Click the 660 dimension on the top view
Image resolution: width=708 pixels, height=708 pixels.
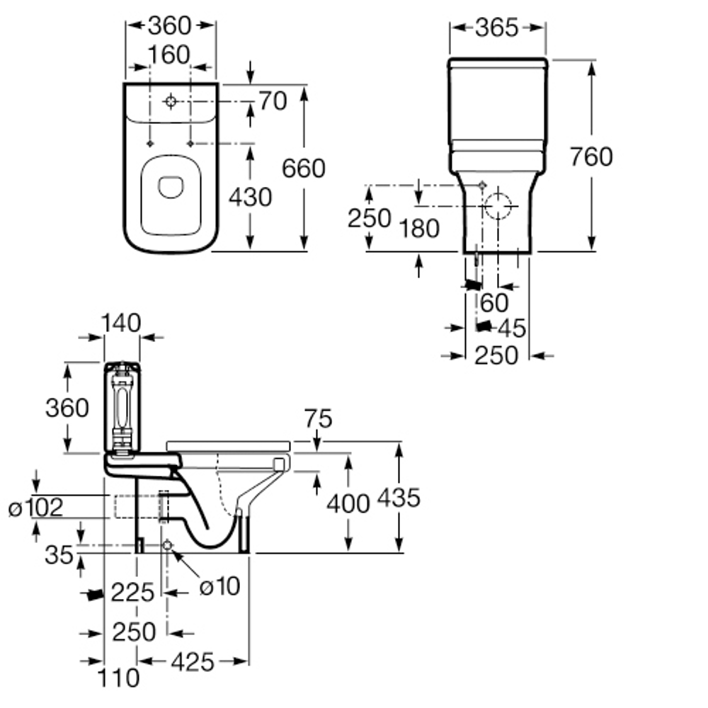(x=303, y=169)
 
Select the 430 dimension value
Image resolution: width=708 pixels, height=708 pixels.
(x=250, y=198)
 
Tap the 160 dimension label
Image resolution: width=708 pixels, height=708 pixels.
(x=170, y=55)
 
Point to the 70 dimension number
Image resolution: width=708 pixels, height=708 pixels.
(x=273, y=101)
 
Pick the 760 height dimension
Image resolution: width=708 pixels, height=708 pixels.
(x=591, y=156)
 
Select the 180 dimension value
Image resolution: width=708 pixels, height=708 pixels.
(x=418, y=228)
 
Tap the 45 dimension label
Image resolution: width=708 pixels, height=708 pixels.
(x=512, y=328)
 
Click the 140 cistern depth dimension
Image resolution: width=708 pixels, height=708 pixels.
(x=120, y=322)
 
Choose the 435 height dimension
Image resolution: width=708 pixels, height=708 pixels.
(x=399, y=498)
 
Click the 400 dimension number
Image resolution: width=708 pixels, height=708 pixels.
(x=348, y=503)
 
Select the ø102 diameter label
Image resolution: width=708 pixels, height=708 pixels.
(x=36, y=507)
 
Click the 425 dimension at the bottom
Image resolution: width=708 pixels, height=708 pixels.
(x=192, y=662)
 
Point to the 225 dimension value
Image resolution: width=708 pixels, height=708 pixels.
(x=132, y=592)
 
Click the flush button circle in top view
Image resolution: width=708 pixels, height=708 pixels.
(x=170, y=101)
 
